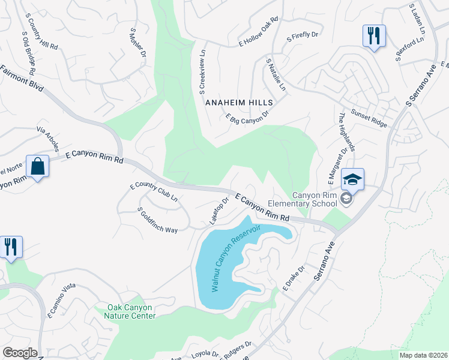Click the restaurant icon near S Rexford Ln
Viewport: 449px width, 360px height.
click(373, 35)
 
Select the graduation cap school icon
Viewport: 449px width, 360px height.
click(352, 179)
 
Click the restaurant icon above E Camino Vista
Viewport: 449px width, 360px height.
click(11, 247)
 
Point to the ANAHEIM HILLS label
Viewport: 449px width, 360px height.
click(239, 103)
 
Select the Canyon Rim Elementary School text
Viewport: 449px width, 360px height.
click(315, 199)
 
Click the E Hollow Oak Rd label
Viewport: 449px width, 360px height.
click(259, 32)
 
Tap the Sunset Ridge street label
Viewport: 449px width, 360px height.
click(369, 119)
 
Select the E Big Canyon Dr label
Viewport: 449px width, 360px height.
click(247, 115)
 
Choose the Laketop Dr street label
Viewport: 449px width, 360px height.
click(219, 211)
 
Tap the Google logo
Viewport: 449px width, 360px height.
click(20, 353)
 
